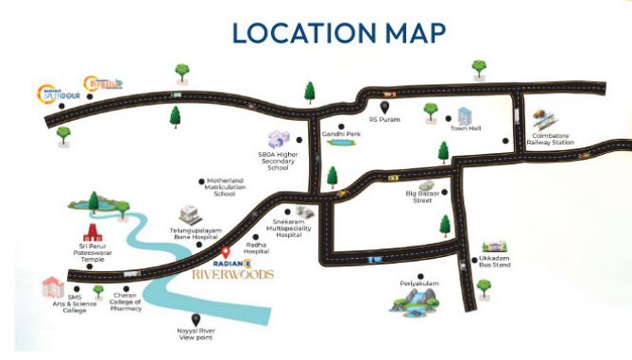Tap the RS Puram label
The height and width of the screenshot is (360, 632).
(x=386, y=120)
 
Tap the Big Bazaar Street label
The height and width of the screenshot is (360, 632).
(x=425, y=197)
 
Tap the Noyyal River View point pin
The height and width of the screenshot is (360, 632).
(x=196, y=318)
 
